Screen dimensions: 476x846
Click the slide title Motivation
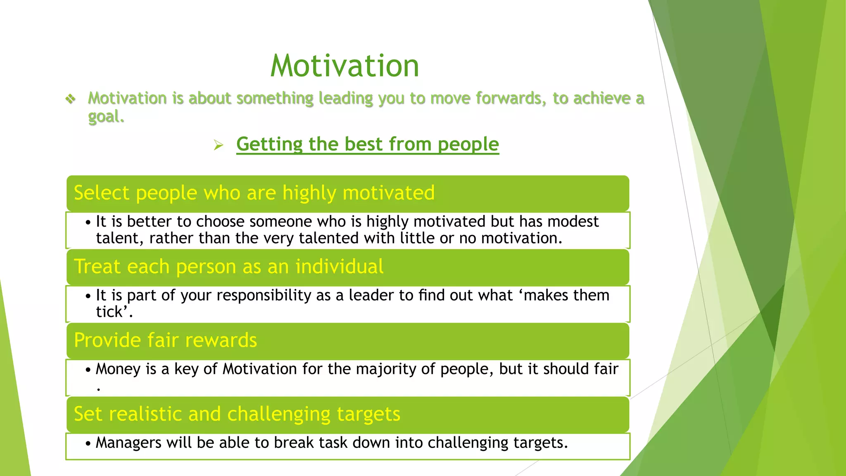point(345,66)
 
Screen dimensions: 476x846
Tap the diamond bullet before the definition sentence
point(71,99)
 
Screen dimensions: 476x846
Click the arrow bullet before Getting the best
point(219,145)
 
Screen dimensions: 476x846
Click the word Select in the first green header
point(101,193)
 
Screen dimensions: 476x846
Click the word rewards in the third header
point(221,340)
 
